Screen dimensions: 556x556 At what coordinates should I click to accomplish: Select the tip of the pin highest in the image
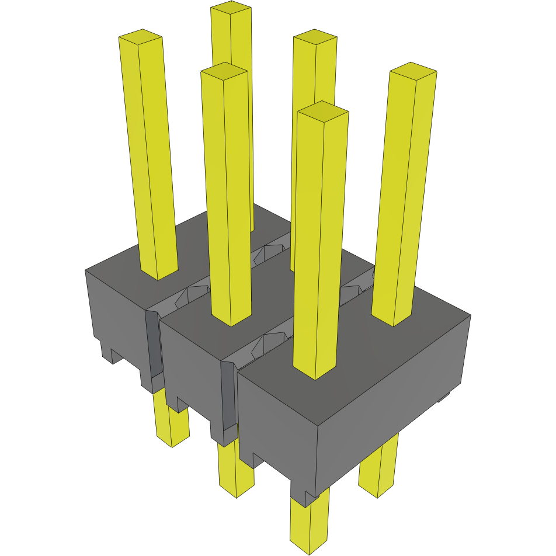click(231, 8)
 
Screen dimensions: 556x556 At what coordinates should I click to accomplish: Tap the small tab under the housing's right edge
click(444, 397)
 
